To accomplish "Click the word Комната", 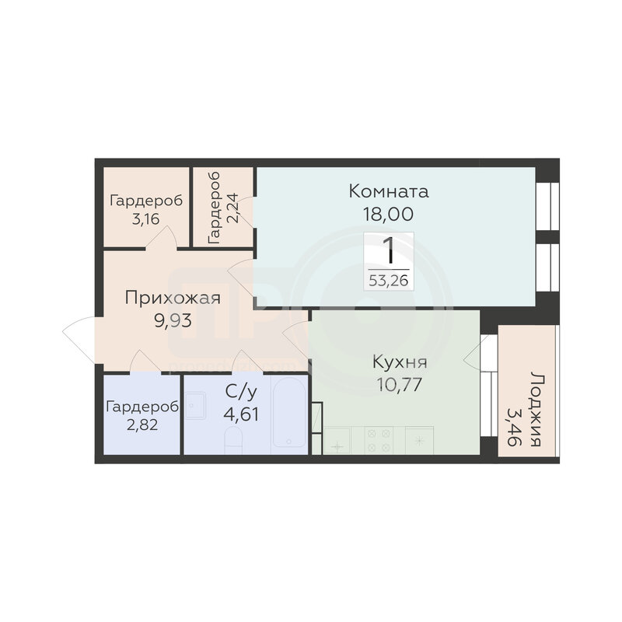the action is pyautogui.click(x=389, y=191).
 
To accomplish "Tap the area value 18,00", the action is pyautogui.click(x=388, y=215).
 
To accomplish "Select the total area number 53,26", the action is pyautogui.click(x=388, y=281).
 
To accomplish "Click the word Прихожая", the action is pyautogui.click(x=173, y=298).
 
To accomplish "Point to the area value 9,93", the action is pyautogui.click(x=173, y=320).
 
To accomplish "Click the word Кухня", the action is pyautogui.click(x=400, y=362).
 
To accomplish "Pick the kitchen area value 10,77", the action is pyautogui.click(x=399, y=385).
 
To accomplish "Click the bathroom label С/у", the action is pyautogui.click(x=241, y=392).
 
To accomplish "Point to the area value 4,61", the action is pyautogui.click(x=241, y=415).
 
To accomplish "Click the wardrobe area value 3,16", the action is pyautogui.click(x=146, y=218).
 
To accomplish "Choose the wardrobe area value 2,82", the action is pyautogui.click(x=142, y=425).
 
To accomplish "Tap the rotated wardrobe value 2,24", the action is pyautogui.click(x=232, y=208).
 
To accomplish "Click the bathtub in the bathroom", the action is pyautogui.click(x=289, y=414).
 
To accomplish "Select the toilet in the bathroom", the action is pyautogui.click(x=233, y=440).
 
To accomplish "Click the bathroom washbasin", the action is pyautogui.click(x=195, y=405).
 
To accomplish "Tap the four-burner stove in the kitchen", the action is pyautogui.click(x=379, y=440).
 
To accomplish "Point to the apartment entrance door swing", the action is pyautogui.click(x=79, y=337).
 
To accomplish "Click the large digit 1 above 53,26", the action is pyautogui.click(x=390, y=250).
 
